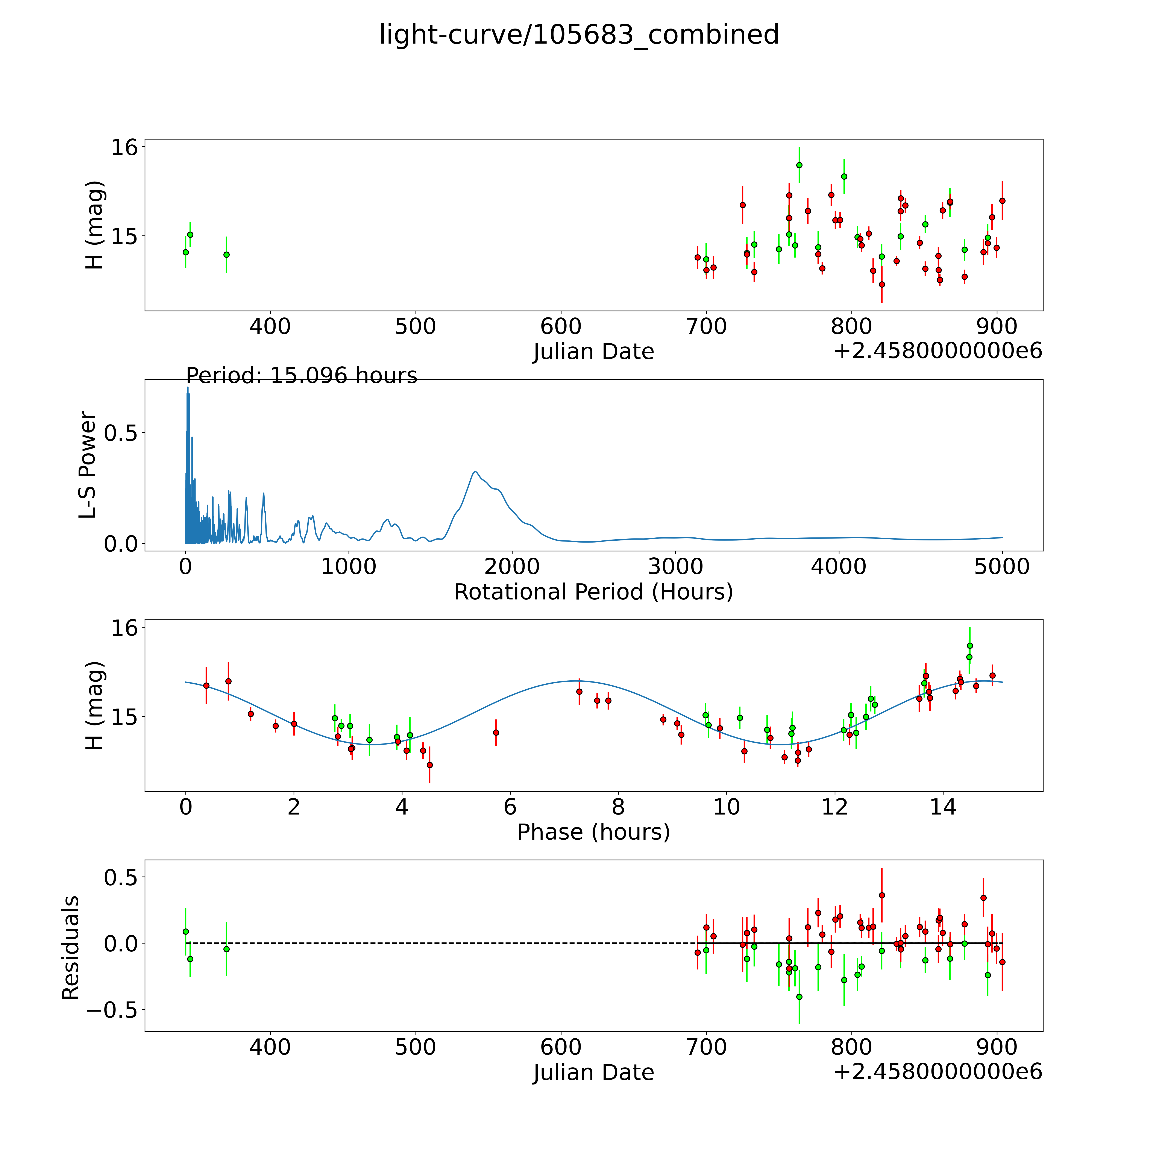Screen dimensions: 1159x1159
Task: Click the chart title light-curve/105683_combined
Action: (x=579, y=35)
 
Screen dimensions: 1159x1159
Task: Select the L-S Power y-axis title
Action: (x=88, y=465)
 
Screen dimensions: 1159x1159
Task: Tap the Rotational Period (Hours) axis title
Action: (x=593, y=592)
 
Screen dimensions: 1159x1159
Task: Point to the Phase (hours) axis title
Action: (x=593, y=832)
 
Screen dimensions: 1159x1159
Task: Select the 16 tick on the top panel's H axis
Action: (x=124, y=148)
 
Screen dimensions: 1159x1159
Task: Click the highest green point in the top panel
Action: (x=799, y=165)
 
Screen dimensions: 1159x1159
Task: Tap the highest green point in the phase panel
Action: (x=969, y=645)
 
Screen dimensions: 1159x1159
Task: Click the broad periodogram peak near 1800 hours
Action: (x=475, y=472)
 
